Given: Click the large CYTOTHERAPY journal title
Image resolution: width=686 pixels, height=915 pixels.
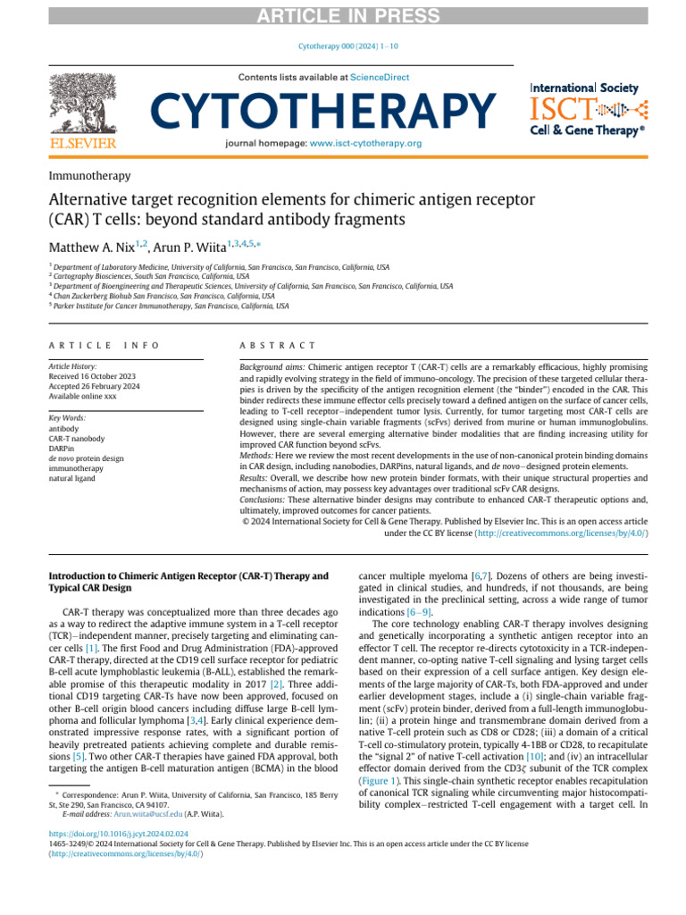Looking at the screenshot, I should pos(322,112).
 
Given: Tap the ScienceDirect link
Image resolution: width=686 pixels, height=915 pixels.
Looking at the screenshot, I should pos(380,78).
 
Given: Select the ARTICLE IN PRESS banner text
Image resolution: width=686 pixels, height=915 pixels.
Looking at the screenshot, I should pos(343,12).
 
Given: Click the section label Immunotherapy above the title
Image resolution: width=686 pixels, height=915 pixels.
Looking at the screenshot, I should pos(89,176).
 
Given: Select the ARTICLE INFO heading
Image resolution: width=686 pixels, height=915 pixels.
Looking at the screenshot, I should pos(105,345).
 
